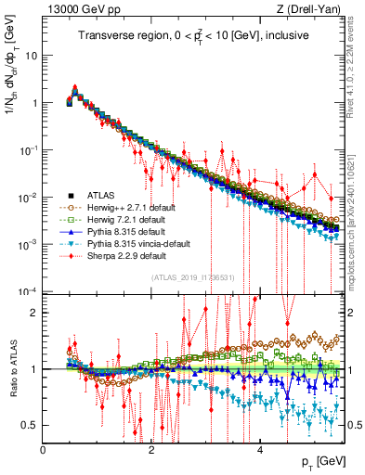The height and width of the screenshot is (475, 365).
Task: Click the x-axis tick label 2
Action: coord(152,450)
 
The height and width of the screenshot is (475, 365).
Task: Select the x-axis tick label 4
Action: coord(261,450)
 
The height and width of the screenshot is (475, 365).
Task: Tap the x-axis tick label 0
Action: coord(44,450)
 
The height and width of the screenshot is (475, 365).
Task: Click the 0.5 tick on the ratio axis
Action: coord(31,425)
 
